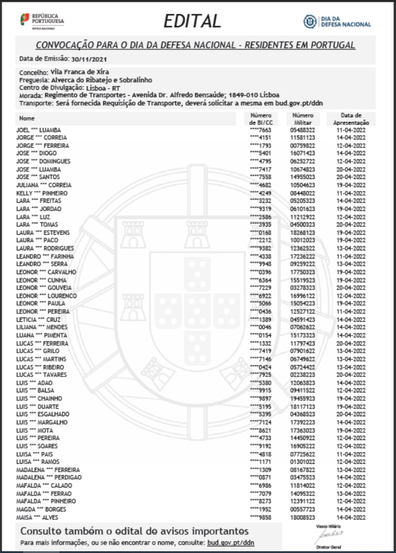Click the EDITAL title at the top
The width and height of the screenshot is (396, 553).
[192, 21]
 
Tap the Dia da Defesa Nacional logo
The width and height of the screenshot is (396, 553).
[337, 21]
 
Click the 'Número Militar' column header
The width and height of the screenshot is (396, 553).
[303, 118]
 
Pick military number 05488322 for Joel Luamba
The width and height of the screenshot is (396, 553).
[303, 129]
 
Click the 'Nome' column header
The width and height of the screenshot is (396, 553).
[27, 118]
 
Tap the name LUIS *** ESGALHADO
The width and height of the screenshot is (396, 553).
[43, 413]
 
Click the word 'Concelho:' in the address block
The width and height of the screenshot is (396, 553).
[32, 71]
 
